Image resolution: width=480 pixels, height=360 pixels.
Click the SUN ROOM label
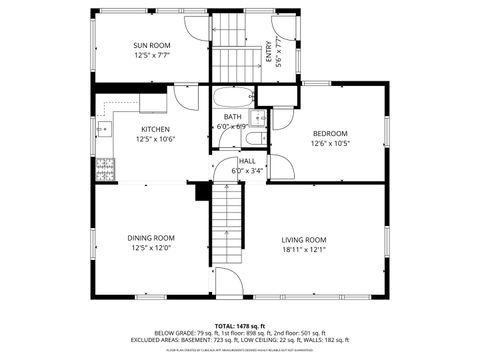click(x=153, y=45)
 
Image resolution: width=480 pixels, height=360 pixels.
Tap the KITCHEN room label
click(x=154, y=129)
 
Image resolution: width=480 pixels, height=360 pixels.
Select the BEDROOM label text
click(x=330, y=134)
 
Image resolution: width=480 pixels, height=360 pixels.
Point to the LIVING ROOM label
click(x=303, y=240)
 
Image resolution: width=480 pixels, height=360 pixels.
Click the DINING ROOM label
click(x=151, y=238)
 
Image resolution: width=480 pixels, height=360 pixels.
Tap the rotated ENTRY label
click(x=268, y=51)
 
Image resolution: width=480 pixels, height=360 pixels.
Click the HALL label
click(x=247, y=161)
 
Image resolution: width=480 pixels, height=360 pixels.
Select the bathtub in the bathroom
click(x=233, y=98)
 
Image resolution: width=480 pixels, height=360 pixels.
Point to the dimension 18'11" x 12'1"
click(x=303, y=250)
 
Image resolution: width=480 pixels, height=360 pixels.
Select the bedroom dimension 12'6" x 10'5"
click(x=330, y=144)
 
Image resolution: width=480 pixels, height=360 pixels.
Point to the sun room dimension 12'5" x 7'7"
click(x=153, y=56)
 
